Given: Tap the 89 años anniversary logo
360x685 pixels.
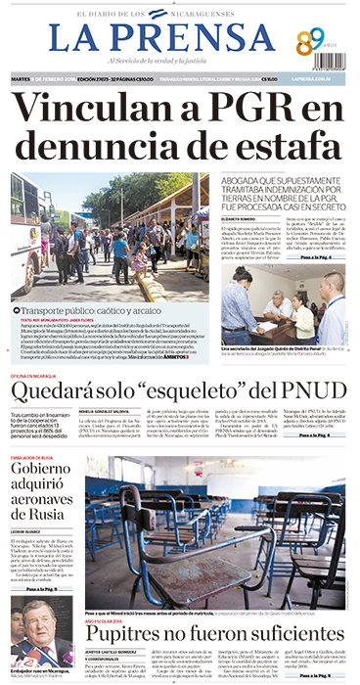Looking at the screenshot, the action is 310,42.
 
